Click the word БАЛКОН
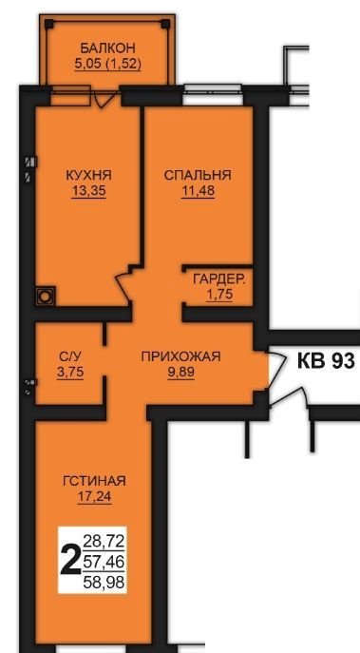point(107,48)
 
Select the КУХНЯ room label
point(88,175)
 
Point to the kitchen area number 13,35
point(88,191)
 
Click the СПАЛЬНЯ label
point(198,175)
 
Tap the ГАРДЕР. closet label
point(218,279)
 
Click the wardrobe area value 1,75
point(219,295)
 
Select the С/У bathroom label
point(70,356)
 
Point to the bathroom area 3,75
point(70,372)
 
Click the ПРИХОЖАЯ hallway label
point(180,356)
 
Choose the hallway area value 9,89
point(180,372)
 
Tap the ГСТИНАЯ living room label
point(94,481)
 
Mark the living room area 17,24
point(94,496)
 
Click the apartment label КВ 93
point(326,361)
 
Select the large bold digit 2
point(70,561)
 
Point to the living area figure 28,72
point(104,542)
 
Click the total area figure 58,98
point(104,583)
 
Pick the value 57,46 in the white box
point(104,563)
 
